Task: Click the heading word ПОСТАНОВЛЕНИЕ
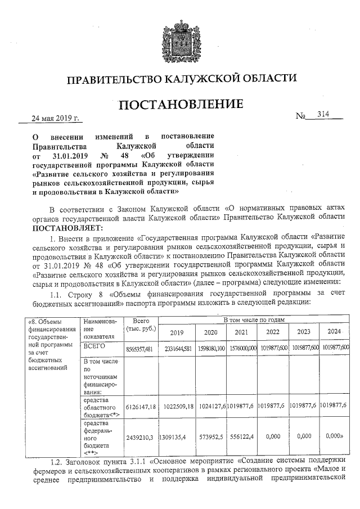pyautogui.click(x=180, y=105)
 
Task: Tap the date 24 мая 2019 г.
pyautogui.click(x=56, y=119)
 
